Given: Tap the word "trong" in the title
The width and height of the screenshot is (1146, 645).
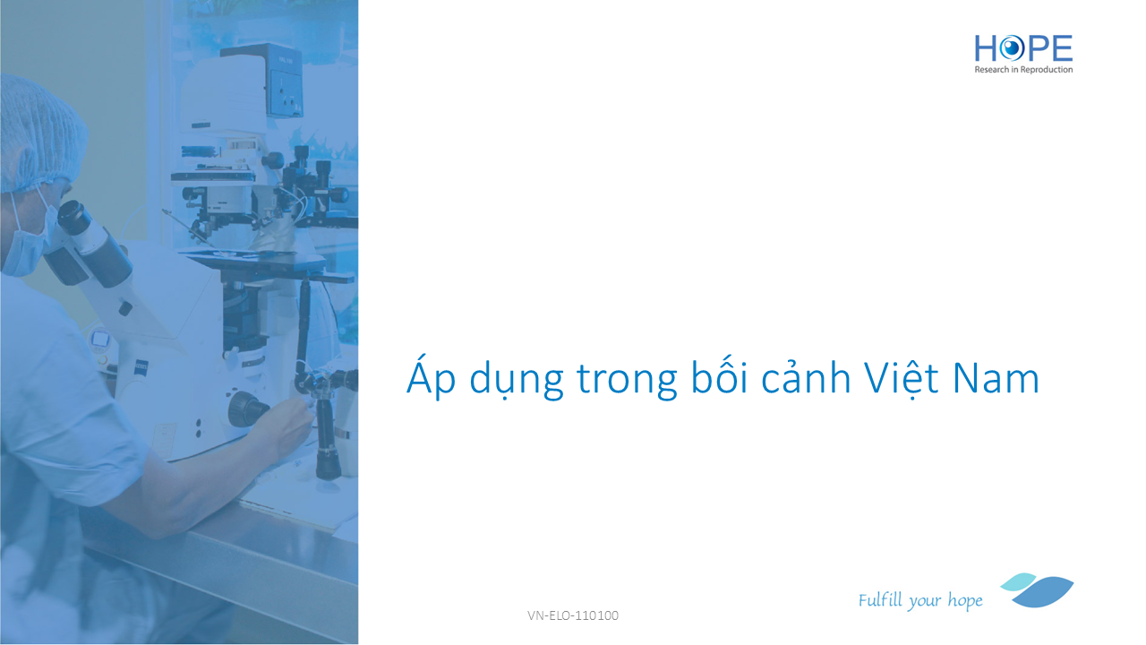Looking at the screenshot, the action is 627,382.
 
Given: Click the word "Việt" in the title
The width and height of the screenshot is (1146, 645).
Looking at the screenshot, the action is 902,378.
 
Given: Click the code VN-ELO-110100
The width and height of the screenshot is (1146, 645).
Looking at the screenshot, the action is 572,615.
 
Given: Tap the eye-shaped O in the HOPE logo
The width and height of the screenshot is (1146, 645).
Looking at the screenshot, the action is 1011,48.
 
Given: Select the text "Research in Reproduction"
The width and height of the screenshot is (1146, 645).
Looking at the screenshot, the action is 1023,70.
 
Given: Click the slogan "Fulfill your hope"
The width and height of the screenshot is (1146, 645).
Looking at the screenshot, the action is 919,600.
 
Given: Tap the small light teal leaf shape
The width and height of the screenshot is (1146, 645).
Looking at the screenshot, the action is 1018,581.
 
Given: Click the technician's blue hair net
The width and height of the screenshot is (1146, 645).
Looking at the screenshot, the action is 41,133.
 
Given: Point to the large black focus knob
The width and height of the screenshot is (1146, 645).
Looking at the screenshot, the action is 248,409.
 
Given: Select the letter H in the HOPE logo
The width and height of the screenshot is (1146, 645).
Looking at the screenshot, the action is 986,48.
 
